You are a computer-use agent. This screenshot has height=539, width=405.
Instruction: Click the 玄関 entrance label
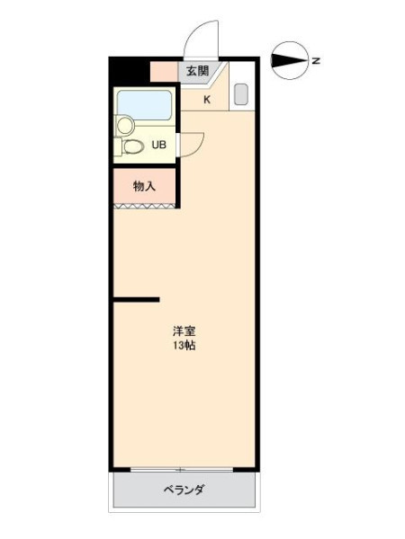click(198, 71)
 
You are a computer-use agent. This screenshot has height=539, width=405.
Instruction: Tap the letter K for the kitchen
click(207, 100)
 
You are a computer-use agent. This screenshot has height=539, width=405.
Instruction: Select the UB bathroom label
click(159, 145)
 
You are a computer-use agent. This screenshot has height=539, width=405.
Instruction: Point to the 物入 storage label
click(144, 186)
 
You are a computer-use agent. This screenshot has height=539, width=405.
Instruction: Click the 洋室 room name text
click(184, 331)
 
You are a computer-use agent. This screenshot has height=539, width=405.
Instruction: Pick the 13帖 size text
click(184, 345)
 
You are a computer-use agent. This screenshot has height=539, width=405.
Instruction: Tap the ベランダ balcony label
click(184, 490)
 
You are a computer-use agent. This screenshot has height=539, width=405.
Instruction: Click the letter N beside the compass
click(316, 61)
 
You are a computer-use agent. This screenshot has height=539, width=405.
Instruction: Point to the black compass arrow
click(289, 61)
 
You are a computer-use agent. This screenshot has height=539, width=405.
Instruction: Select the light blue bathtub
click(144, 105)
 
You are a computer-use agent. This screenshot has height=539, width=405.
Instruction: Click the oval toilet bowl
click(133, 147)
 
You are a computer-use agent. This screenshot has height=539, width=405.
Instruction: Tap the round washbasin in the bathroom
click(125, 125)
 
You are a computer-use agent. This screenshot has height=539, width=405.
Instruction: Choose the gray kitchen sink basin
click(241, 94)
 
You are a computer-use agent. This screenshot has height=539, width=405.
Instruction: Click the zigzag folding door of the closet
click(144, 206)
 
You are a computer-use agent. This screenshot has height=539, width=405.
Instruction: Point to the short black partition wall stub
click(137, 299)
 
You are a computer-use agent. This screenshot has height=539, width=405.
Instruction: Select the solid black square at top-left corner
click(130, 71)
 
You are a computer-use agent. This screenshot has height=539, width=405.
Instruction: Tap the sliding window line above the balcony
click(182, 470)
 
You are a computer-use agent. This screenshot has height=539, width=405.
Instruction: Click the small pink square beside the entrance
click(165, 72)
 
